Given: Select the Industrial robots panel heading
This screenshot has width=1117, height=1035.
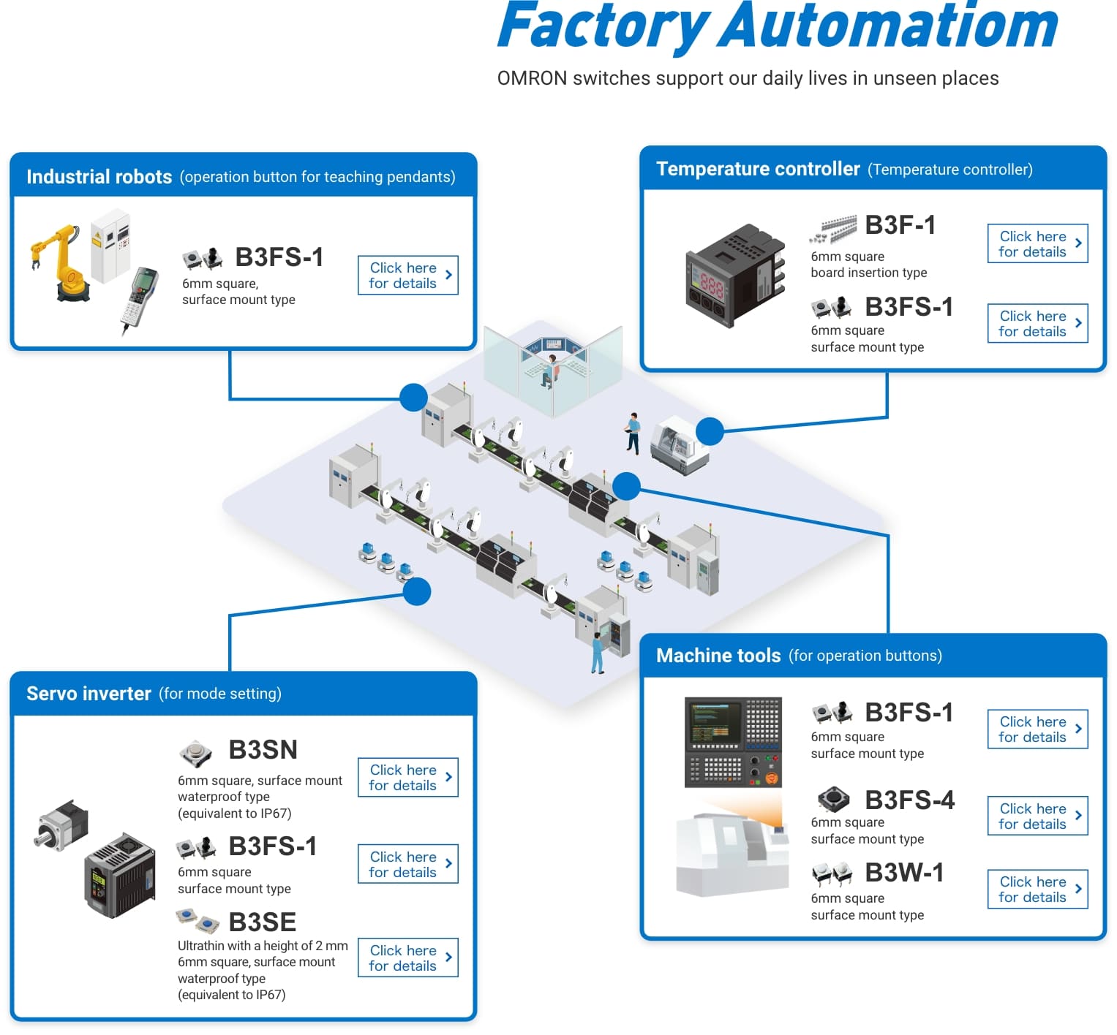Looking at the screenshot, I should pos(99,177).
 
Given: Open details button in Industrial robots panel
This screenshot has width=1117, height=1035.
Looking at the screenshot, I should pos(407,276).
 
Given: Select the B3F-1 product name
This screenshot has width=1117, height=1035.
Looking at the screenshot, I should pos(900,225).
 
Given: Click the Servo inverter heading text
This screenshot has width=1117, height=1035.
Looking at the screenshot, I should pos(89,694).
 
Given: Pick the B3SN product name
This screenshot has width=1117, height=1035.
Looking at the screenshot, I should pos(263,750).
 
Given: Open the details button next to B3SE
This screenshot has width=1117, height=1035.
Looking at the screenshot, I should pos(407,958).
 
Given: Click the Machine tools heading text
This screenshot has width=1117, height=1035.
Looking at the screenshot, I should pos(718,656).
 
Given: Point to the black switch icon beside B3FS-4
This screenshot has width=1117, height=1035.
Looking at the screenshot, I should pos(832,799).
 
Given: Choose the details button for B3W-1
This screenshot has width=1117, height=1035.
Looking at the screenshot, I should pos(1037,890).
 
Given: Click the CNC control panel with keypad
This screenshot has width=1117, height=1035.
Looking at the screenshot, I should pos(733,742).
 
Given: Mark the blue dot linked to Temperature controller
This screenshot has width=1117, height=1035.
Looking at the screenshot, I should pos(709,431).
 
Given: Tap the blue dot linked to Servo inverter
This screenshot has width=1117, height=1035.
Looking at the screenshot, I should pos(416,591).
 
